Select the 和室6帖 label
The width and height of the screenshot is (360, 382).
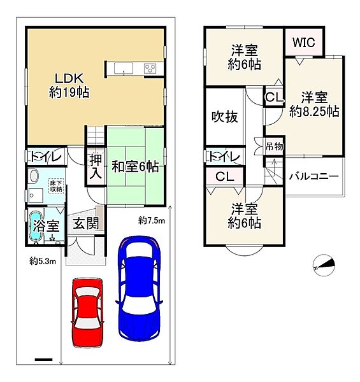click(x=135, y=167)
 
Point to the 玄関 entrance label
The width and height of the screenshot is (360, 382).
click(x=84, y=223)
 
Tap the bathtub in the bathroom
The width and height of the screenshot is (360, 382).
click(x=35, y=227)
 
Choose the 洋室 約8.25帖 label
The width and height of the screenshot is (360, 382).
click(x=313, y=104)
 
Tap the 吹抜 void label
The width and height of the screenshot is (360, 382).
click(x=224, y=117)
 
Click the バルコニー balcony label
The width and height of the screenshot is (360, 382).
click(x=313, y=176)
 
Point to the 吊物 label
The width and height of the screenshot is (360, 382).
click(x=274, y=146)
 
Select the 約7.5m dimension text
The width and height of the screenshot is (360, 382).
click(x=152, y=220)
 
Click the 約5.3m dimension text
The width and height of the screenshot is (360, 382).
click(x=43, y=260)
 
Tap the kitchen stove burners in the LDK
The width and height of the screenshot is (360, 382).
click(x=152, y=68)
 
